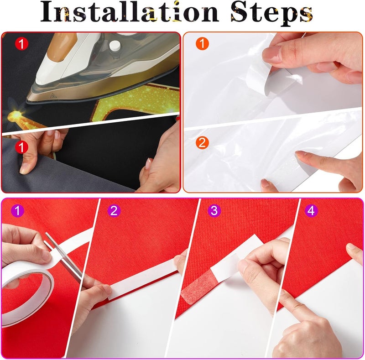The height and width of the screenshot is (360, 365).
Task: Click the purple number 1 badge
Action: click(x=18, y=211)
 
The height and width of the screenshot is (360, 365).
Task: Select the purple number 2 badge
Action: click(x=114, y=211)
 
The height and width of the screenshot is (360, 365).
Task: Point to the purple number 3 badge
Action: click(x=214, y=211)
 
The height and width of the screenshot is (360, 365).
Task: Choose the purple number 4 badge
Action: click(x=311, y=211)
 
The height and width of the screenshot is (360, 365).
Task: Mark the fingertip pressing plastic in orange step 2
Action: click(x=302, y=155)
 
